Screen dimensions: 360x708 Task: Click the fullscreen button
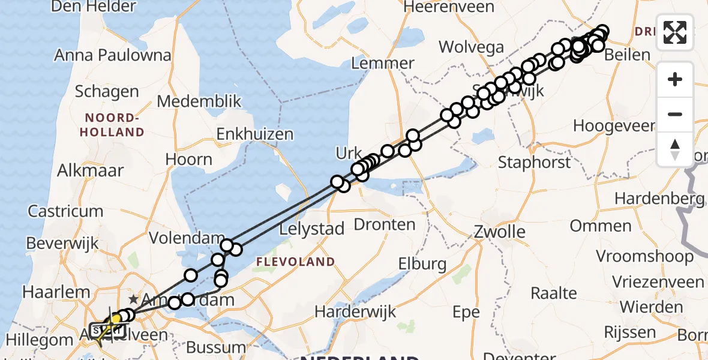tap(675, 32)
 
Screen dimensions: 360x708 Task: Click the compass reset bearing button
tap(675, 149)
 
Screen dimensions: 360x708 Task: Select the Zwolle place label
tap(499, 232)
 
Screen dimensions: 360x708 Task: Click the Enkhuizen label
tap(255, 134)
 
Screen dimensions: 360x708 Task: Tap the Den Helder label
tap(94, 7)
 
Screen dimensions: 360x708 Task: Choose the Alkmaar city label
tap(90, 170)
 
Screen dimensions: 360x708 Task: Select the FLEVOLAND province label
tap(295, 262)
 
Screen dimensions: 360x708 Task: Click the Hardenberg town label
tap(658, 199)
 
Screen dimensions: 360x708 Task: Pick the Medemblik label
tap(199, 101)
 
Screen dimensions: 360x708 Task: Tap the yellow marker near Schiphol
tap(115, 319)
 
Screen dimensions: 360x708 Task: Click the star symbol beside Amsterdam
tap(133, 299)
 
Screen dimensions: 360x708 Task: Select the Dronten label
tap(385, 225)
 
